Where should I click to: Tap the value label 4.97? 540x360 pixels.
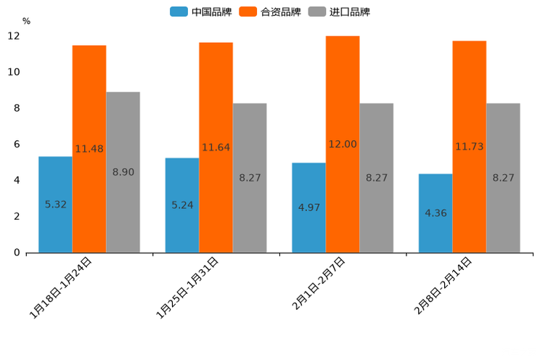(308, 208)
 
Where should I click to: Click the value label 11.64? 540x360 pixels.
(216, 147)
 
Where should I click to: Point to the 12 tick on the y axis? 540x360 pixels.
(14, 36)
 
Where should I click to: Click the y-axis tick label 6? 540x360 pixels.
(17, 144)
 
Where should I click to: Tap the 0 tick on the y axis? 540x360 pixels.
(17, 253)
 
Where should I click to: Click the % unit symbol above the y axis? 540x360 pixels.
(26, 21)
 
